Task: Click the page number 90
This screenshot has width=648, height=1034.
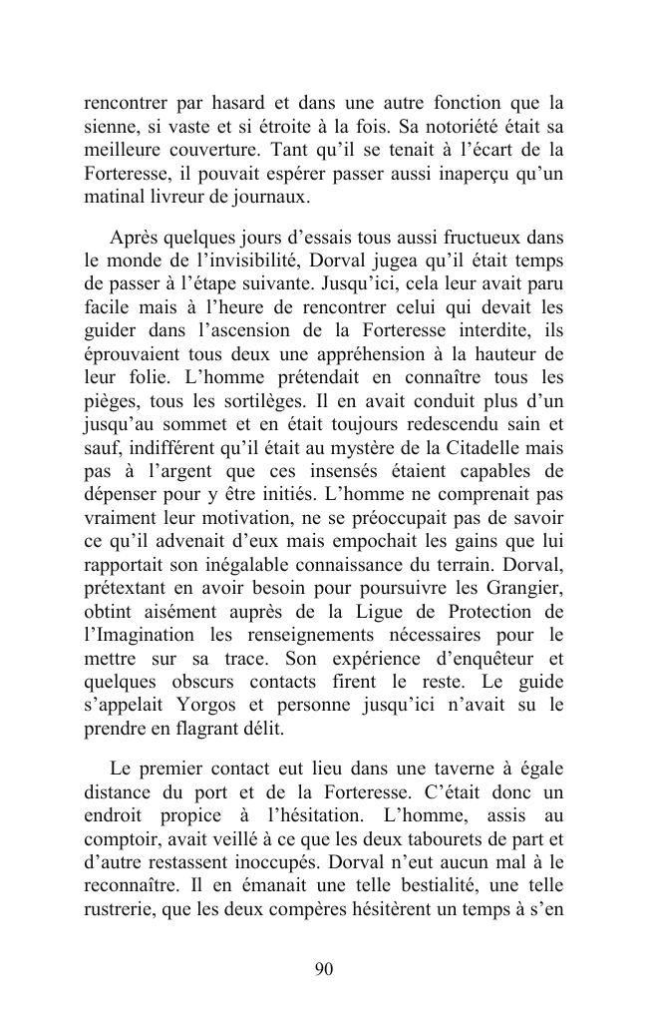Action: [x=323, y=969]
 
